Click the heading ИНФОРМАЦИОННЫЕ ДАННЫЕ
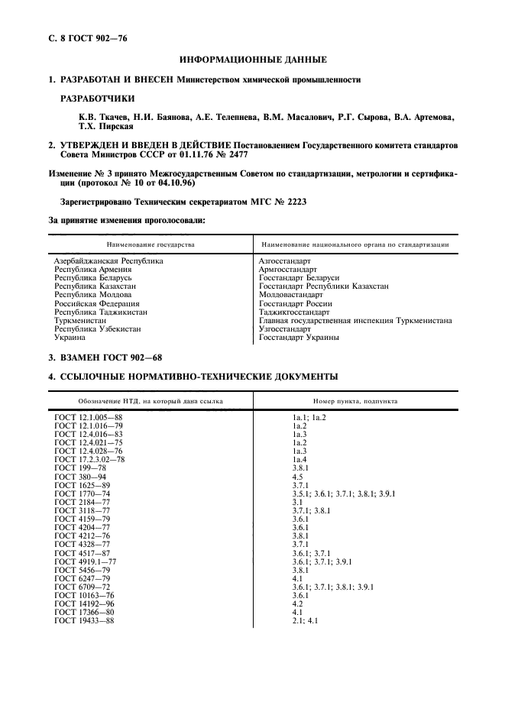point(253,60)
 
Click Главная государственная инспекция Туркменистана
point(354,320)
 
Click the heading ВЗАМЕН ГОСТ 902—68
point(105,357)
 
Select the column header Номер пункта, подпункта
point(354,400)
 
